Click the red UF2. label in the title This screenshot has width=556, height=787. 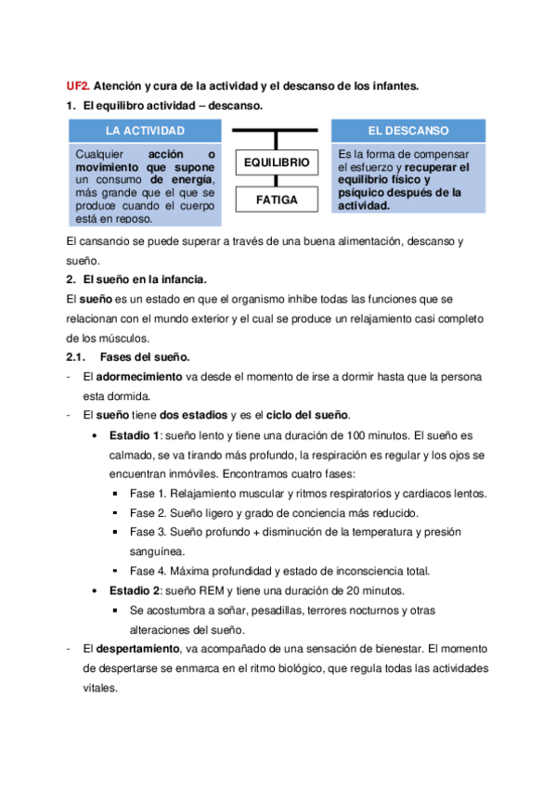click(78, 86)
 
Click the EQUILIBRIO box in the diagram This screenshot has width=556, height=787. click(276, 162)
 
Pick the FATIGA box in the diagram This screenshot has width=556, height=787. click(276, 199)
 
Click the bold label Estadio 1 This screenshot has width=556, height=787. click(135, 434)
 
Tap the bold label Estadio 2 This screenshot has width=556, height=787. click(135, 590)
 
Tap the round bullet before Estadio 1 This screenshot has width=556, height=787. click(96, 435)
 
